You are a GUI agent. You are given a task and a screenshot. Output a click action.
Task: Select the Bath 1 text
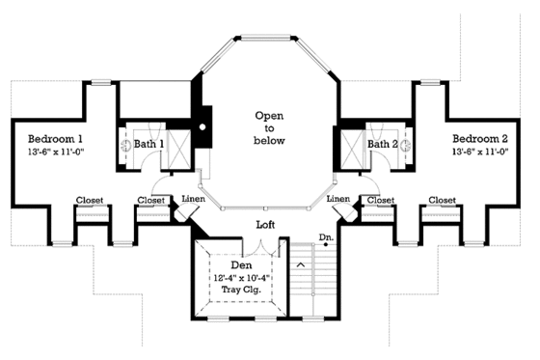pos(148,145)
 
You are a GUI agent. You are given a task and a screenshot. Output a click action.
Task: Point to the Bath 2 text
pos(382,145)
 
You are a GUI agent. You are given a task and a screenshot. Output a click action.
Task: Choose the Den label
pos(243,265)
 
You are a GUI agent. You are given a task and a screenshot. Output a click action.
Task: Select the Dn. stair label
pos(328,235)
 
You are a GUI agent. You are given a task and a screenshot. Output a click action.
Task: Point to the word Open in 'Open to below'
pos(269,115)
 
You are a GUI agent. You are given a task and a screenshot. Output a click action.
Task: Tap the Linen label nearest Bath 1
pos(194,200)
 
